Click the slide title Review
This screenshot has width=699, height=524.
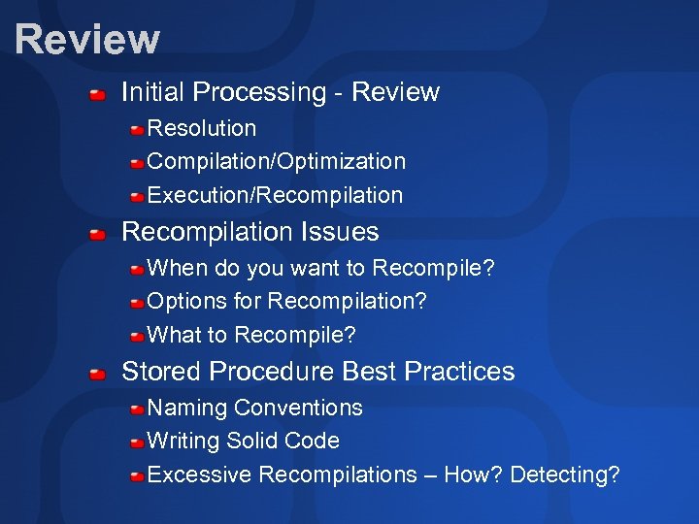pos(87,40)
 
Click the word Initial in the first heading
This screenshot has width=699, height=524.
pos(151,92)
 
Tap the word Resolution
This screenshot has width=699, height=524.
pos(202,128)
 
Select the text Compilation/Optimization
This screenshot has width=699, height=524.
pos(277,161)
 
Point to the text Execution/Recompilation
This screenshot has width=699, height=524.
pos(275,195)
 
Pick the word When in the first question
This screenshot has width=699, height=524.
pos(171,268)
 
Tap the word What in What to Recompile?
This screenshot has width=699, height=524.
pos(170,336)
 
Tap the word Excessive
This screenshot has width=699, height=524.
pos(200,475)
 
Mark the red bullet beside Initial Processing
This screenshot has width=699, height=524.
pos(97,95)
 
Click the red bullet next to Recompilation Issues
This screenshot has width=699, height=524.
pos(97,235)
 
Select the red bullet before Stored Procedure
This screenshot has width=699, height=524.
pos(97,374)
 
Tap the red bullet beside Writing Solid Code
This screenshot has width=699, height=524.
pos(138,442)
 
